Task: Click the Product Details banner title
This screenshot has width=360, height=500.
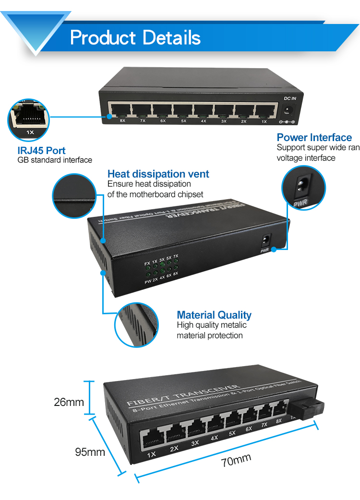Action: (x=135, y=37)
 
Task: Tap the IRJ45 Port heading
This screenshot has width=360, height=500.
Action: (x=42, y=151)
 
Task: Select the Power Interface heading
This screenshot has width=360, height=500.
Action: (x=314, y=138)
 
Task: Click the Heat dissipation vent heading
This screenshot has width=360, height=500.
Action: (x=158, y=174)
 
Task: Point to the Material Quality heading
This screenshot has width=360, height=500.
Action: (x=214, y=315)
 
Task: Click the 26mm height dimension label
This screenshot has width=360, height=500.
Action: (x=69, y=402)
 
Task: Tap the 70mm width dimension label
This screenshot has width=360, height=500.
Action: (x=236, y=461)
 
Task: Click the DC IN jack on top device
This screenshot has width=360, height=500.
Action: (x=289, y=110)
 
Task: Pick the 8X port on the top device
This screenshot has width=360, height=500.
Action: (x=120, y=110)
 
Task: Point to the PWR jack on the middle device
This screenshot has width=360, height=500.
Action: (x=264, y=240)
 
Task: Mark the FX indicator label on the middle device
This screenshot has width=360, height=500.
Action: (x=147, y=263)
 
